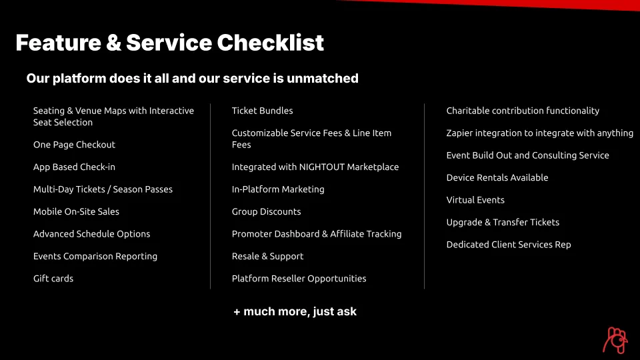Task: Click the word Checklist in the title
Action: click(x=270, y=43)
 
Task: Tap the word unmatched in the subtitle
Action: click(x=323, y=79)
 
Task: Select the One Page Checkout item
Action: click(x=74, y=145)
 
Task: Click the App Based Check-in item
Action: click(x=74, y=167)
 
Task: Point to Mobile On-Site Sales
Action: click(x=76, y=211)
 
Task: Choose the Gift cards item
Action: click(x=53, y=279)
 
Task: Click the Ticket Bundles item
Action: click(x=263, y=111)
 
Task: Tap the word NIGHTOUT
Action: click(x=321, y=167)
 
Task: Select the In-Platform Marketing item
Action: click(x=278, y=189)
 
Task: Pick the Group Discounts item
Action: click(x=266, y=211)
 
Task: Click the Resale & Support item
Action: click(x=268, y=256)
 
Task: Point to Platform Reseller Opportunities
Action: click(x=299, y=279)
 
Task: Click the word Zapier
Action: click(x=459, y=133)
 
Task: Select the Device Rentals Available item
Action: click(x=497, y=177)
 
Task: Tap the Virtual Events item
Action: click(x=475, y=200)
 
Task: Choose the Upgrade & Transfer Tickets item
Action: click(x=503, y=223)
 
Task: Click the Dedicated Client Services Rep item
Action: click(x=509, y=245)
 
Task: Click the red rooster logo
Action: click(x=615, y=340)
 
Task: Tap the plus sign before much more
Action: click(x=237, y=312)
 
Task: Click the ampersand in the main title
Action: click(x=113, y=43)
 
